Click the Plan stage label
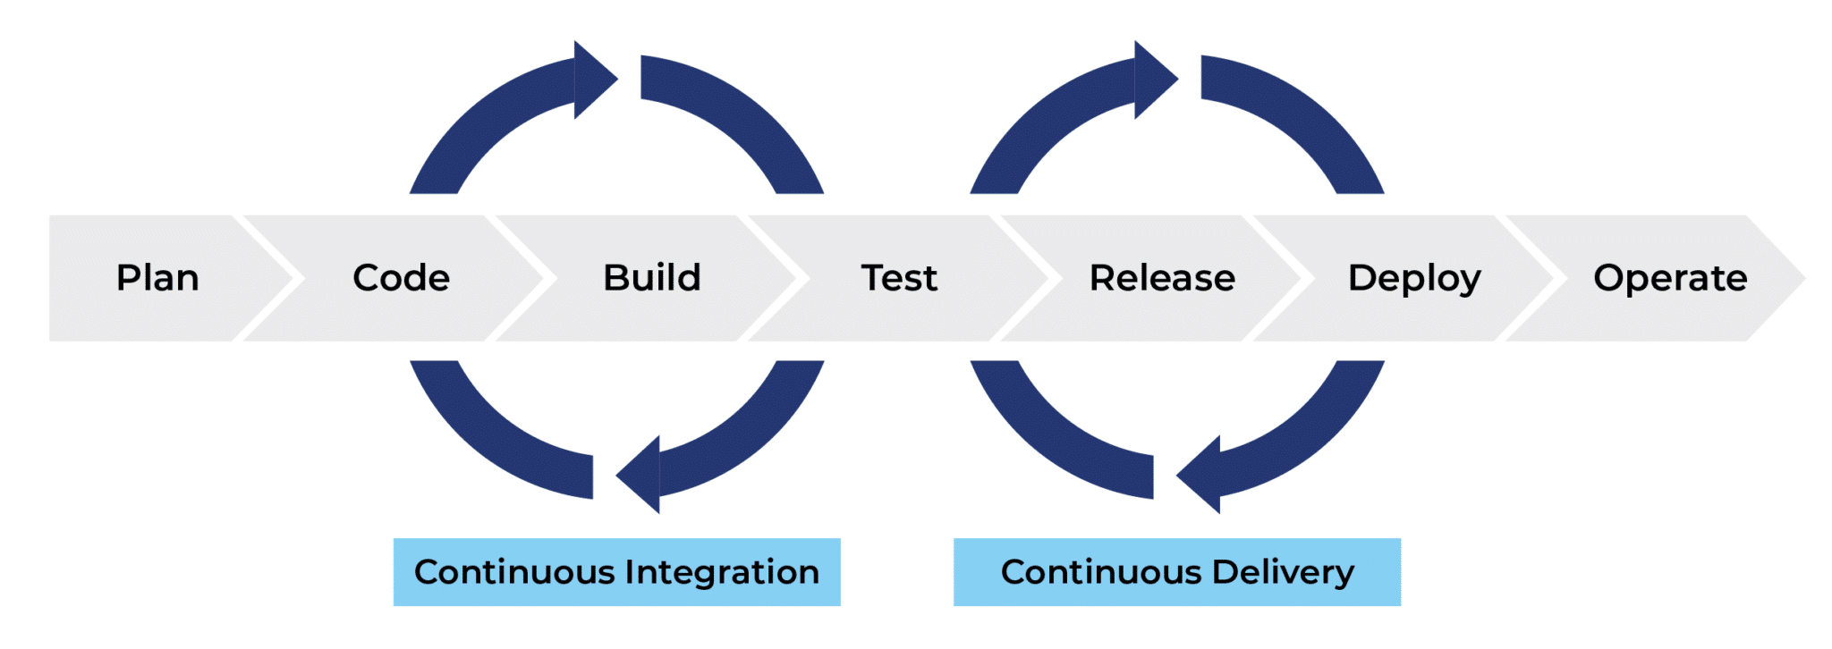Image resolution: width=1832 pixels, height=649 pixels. point(157,278)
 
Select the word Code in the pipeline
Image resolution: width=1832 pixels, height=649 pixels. point(401,278)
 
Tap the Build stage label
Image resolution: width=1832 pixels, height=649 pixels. point(652,278)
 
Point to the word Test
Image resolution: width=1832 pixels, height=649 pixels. point(899,278)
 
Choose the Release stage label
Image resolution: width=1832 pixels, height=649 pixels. point(1162,278)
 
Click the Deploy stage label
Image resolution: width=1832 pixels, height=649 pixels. point(1414,278)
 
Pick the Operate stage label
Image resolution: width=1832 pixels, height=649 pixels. point(1670,278)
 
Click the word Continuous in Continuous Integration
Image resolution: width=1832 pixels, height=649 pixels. point(514,572)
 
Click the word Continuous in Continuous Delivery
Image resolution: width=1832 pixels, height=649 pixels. point(1101,572)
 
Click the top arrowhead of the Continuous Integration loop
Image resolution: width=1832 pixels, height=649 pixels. point(592,80)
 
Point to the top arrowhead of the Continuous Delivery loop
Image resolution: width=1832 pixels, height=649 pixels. point(1153,80)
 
